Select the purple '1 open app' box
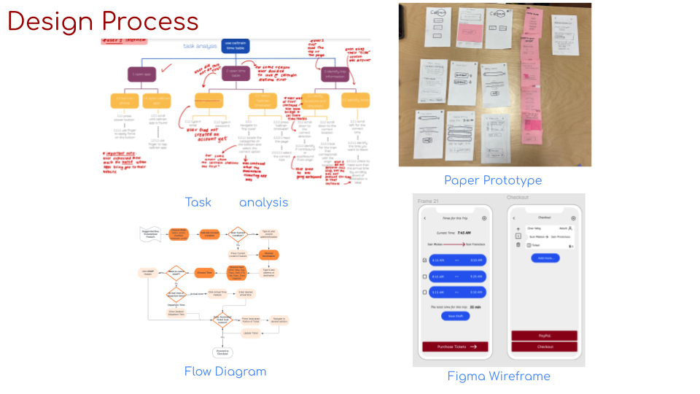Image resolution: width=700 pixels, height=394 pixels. tap(142, 74)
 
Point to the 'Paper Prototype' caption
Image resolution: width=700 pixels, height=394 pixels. tap(493, 180)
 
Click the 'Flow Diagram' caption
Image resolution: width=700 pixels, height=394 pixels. tap(225, 371)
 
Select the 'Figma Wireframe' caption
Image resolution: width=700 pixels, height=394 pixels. tap(499, 376)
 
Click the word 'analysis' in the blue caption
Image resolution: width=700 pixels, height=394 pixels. tap(263, 202)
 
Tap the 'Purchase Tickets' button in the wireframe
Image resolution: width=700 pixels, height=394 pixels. tap(455, 347)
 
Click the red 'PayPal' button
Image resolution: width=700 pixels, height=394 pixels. tap(544, 336)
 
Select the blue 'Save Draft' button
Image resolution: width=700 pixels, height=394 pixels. tap(455, 316)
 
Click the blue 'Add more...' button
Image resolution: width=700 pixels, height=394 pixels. tap(545, 258)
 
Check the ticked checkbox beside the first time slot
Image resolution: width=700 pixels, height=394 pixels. tap(425, 260)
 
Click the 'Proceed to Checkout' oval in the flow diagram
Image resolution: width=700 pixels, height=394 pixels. tap(222, 352)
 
